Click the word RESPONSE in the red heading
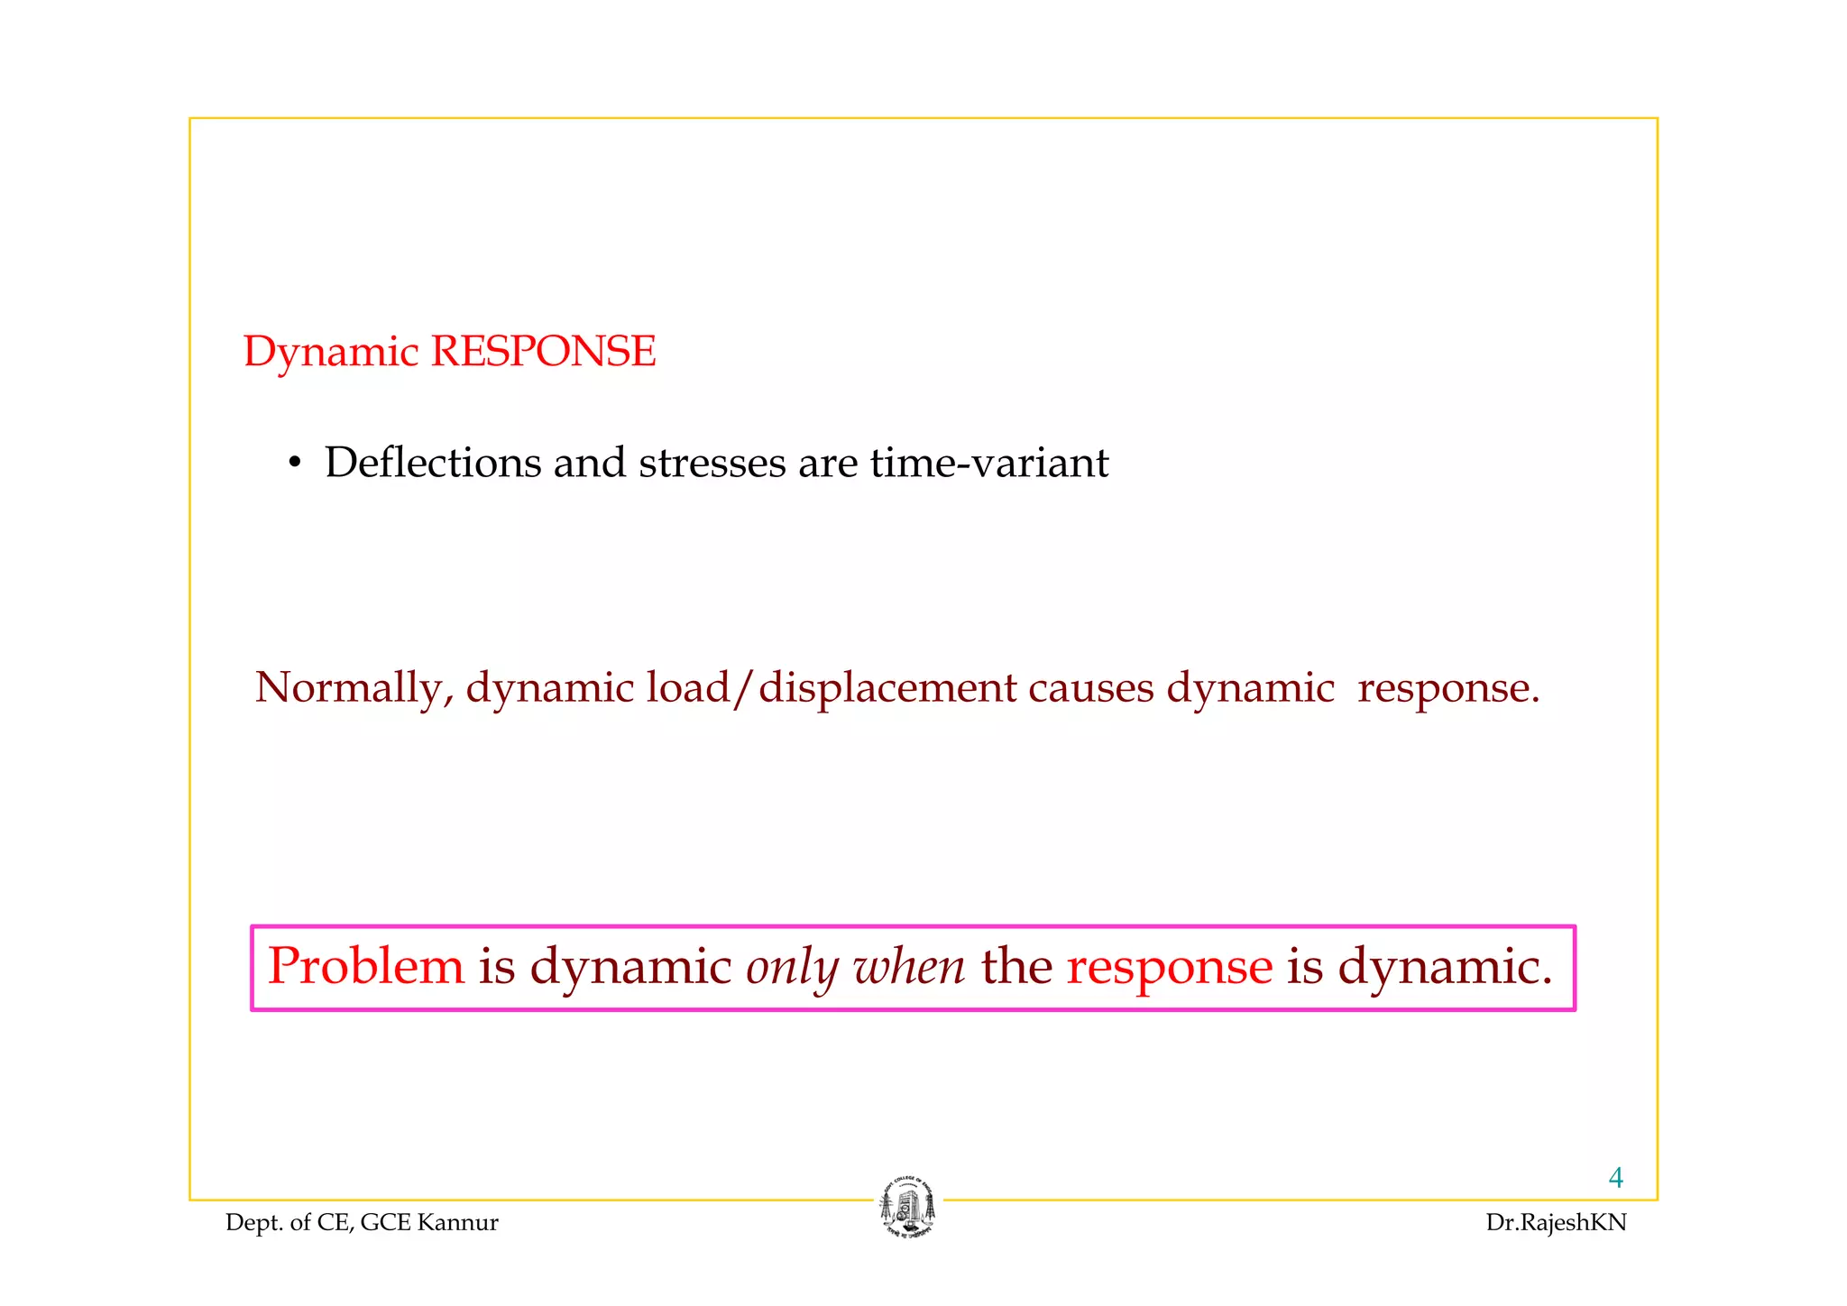click(x=543, y=351)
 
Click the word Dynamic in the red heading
click(x=331, y=353)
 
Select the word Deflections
click(x=433, y=463)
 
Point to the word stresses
click(x=712, y=464)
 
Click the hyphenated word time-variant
click(x=989, y=463)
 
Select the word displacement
click(x=888, y=689)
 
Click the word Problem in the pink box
click(x=366, y=966)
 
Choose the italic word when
click(x=909, y=966)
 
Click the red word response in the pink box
click(x=1170, y=968)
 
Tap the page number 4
click(x=1615, y=1178)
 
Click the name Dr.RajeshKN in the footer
click(x=1556, y=1223)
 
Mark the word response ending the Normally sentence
click(x=1448, y=689)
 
